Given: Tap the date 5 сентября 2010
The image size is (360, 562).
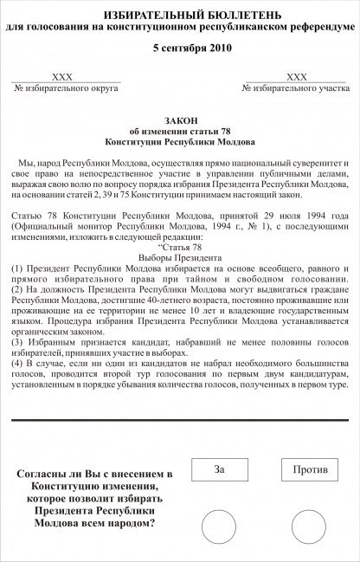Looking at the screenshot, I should pos(180,48).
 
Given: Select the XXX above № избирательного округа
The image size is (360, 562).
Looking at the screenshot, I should pos(62,78).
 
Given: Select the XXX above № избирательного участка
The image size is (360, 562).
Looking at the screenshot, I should pos(297,78).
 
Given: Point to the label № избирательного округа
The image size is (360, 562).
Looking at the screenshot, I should pos(62,89).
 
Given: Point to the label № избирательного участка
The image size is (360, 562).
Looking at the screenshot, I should pos(297,89).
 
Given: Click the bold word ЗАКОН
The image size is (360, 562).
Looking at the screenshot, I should pos(180,119).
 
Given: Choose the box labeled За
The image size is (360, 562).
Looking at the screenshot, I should pos(219,469).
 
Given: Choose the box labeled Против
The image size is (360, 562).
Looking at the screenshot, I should pos(309,469).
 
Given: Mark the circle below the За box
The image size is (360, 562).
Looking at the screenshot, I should pos(219,527).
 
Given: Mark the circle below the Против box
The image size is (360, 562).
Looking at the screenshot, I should pos(309,527).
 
